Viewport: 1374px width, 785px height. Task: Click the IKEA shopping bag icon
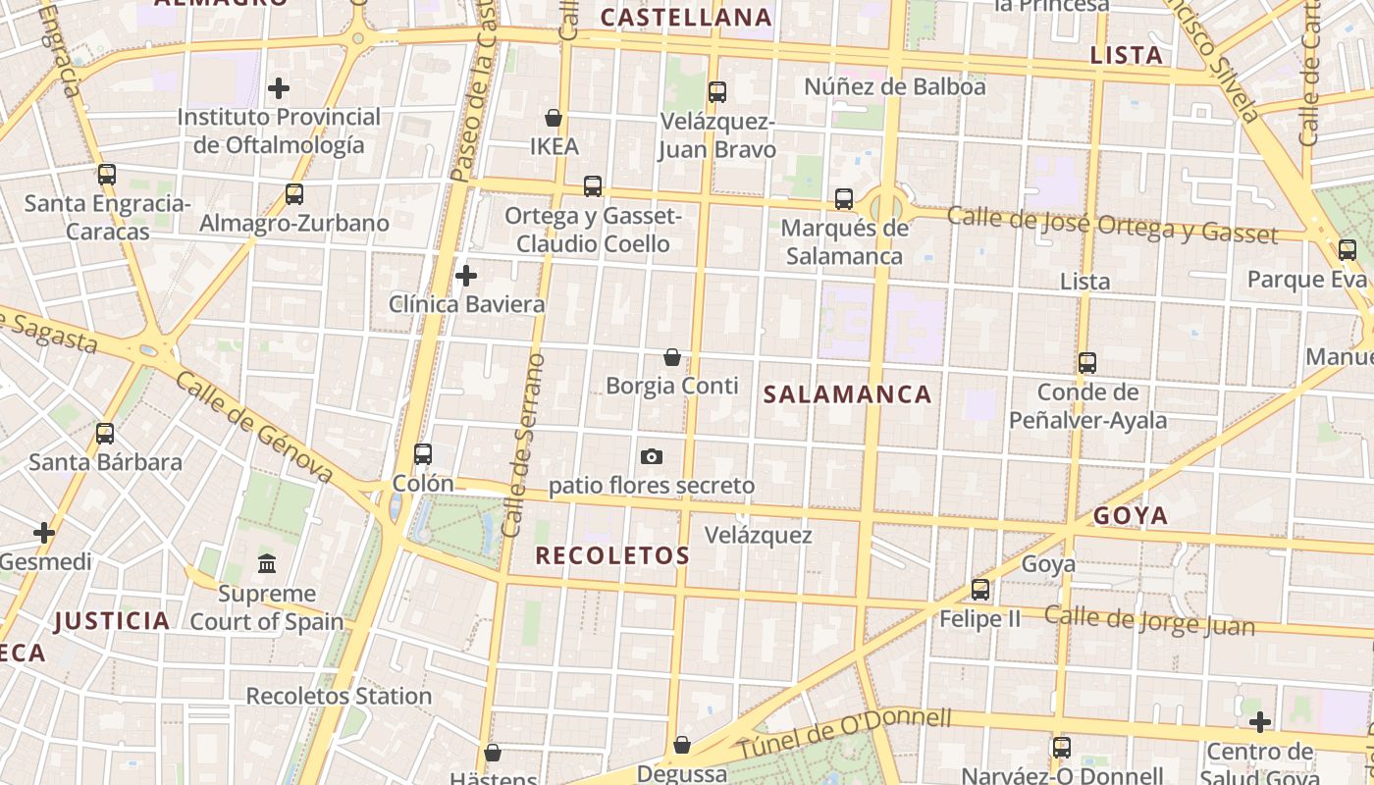[x=554, y=118]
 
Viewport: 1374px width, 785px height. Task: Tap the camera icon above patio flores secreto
[x=651, y=456]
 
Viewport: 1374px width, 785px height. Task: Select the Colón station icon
[x=423, y=454]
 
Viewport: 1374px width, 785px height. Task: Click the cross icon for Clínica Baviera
[x=466, y=276]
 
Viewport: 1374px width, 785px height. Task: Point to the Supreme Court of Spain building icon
[x=267, y=564]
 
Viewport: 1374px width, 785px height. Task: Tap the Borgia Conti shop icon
[x=672, y=357]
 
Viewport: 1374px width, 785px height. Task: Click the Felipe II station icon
[x=980, y=590]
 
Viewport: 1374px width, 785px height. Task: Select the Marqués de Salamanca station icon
[x=844, y=199]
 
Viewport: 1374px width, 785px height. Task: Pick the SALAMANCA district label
[x=847, y=394]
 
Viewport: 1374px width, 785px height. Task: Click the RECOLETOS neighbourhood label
[x=612, y=555]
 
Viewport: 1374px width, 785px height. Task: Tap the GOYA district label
[x=1131, y=516]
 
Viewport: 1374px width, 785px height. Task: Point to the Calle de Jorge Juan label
[x=1149, y=620]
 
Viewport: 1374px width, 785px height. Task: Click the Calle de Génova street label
[x=255, y=429]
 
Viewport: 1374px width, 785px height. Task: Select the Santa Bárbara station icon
[x=105, y=433]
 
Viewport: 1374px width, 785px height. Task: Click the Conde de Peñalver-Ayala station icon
[x=1087, y=363]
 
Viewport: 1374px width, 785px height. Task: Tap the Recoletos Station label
[x=339, y=696]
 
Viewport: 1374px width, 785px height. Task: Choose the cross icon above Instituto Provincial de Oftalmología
[x=279, y=88]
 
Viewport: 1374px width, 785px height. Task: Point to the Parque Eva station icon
[x=1348, y=250]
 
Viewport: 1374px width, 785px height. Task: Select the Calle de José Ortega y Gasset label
[x=1112, y=225]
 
